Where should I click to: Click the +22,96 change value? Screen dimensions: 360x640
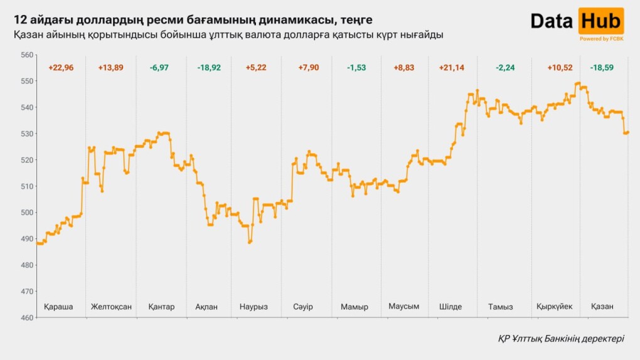(61, 68)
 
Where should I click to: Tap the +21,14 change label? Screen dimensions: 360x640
(452, 68)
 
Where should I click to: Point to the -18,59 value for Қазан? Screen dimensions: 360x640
(602, 68)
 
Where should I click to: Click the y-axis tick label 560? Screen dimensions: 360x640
(26, 55)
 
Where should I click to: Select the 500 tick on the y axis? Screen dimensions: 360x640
(26, 213)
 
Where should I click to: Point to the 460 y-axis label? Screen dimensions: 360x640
(26, 318)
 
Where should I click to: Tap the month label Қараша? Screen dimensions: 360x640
(58, 307)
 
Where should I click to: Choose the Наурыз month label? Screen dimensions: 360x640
(253, 307)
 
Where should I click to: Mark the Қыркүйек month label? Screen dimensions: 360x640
(554, 307)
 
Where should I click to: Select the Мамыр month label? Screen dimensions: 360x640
(355, 307)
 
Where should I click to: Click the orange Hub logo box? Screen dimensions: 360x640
(600, 21)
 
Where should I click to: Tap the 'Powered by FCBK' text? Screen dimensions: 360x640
(601, 39)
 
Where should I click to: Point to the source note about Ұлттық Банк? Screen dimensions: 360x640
(561, 338)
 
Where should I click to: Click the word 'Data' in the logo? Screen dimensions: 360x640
(552, 21)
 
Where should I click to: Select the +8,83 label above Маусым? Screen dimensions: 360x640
(403, 68)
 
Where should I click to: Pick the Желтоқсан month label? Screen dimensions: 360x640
(111, 307)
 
